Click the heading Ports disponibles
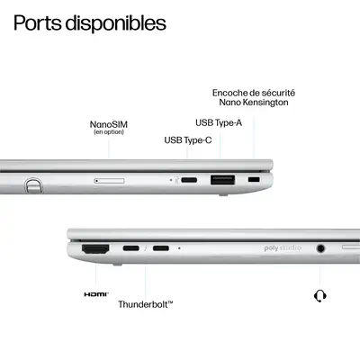(90, 22)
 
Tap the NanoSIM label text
(108, 125)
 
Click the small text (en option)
(108, 133)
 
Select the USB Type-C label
(187, 139)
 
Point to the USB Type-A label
(219, 122)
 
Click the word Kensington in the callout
(271, 103)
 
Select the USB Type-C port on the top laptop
(189, 180)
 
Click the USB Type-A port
(222, 180)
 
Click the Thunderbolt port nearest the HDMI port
(131, 247)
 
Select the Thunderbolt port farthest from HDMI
(161, 247)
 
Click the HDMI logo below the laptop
(95, 294)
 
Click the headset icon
(319, 295)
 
